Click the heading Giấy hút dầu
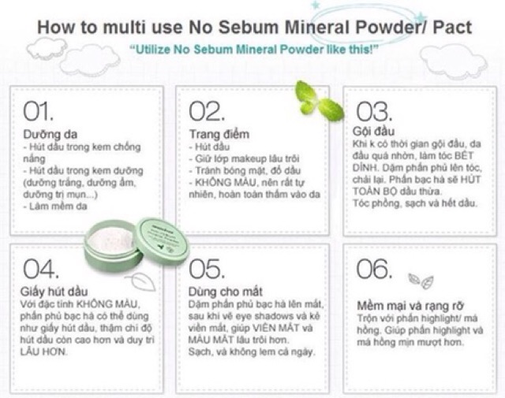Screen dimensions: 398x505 click(53, 290)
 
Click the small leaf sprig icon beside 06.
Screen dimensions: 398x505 click(419, 280)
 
